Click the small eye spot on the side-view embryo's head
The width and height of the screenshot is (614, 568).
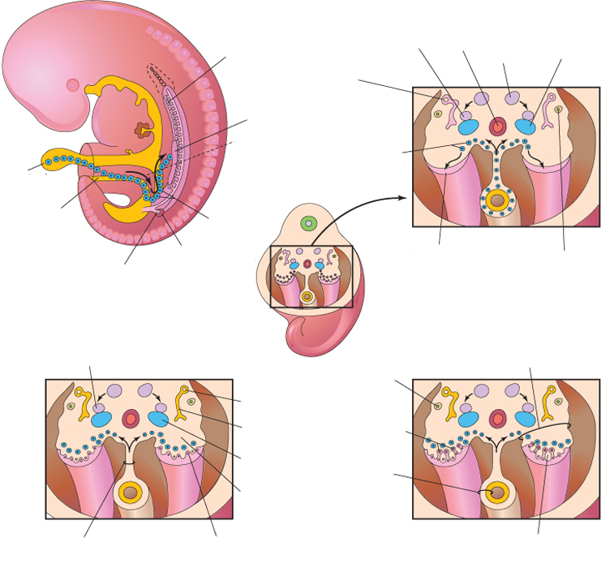click(72, 84)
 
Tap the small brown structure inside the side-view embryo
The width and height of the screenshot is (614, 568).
click(144, 130)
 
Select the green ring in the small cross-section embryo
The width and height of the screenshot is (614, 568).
click(308, 222)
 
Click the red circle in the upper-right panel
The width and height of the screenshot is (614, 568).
click(498, 125)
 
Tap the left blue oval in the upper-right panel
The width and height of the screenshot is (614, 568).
click(468, 127)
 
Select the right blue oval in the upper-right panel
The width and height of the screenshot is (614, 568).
click(526, 127)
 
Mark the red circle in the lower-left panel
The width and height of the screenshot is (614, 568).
click(131, 419)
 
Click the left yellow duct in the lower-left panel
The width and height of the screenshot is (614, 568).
click(83, 402)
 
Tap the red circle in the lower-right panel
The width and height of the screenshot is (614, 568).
click(498, 419)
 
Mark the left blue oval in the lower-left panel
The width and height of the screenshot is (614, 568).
click(101, 420)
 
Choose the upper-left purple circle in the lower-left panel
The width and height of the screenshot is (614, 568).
click(114, 390)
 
